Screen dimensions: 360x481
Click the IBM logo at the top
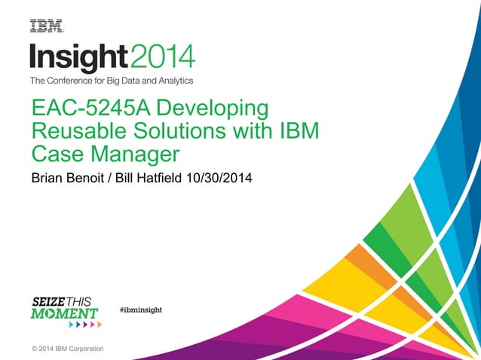click(x=46, y=26)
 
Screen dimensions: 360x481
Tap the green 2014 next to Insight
click(x=162, y=55)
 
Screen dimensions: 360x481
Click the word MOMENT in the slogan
click(x=64, y=312)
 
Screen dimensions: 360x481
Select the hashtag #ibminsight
click(x=141, y=310)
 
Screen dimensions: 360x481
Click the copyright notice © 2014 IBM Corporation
click(x=68, y=349)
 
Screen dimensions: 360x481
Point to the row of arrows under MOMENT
click(x=84, y=325)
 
